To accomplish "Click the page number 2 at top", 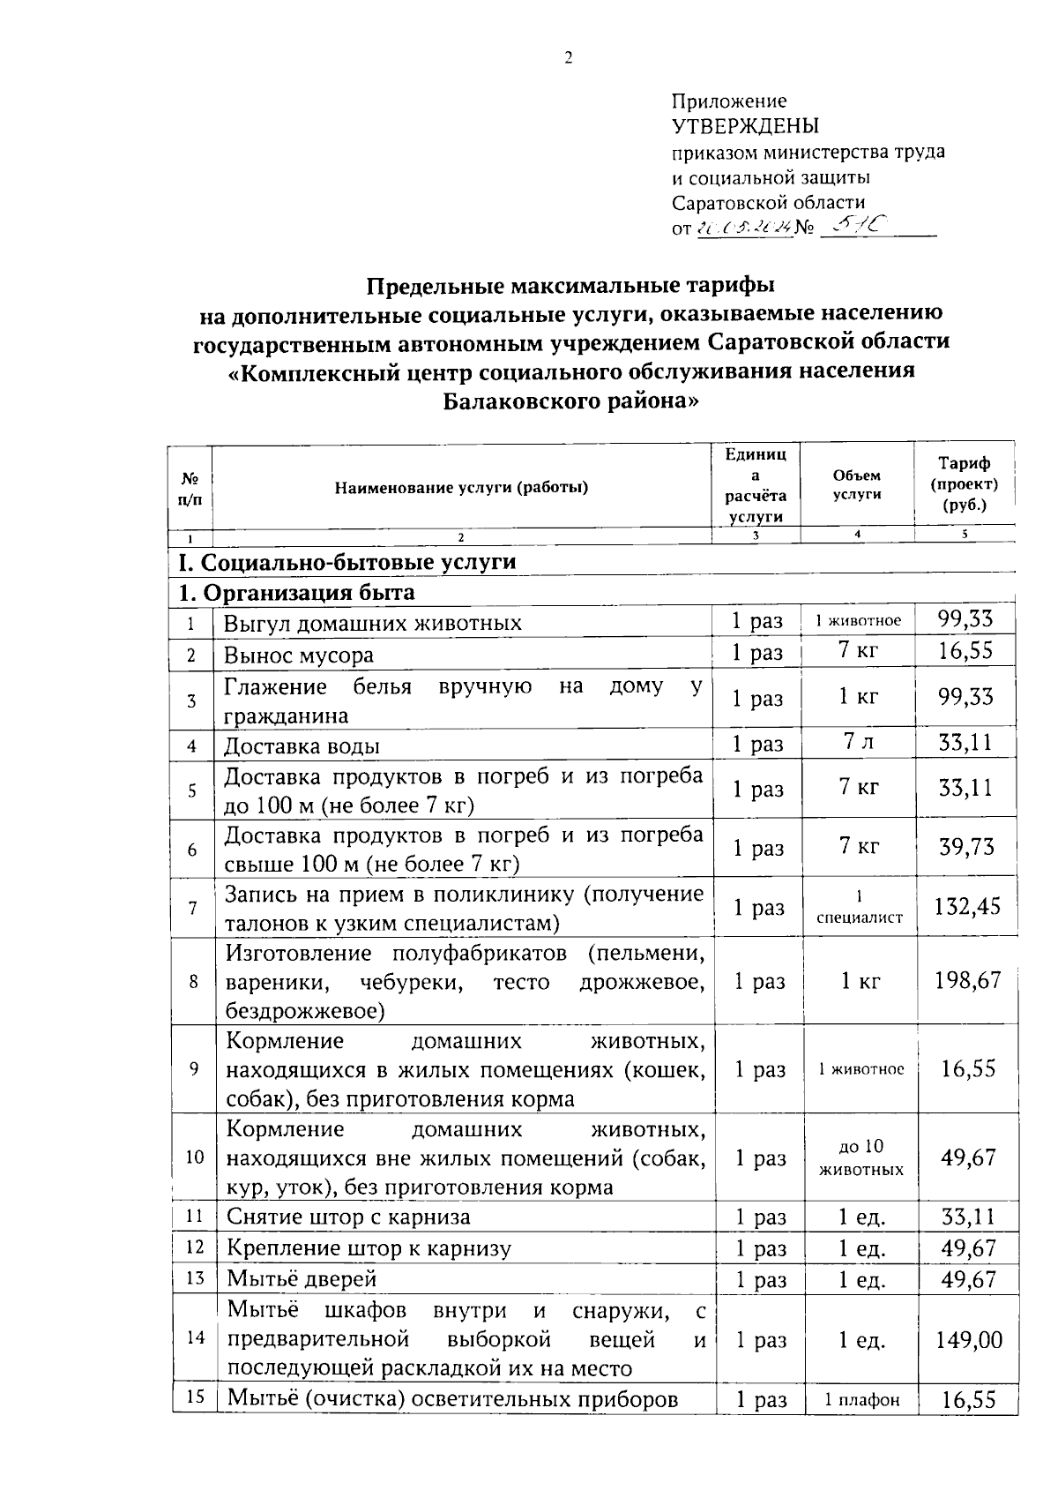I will coord(568,58).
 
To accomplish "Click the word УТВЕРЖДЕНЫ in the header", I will coord(745,125).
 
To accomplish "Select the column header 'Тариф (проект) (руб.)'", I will coord(965,484).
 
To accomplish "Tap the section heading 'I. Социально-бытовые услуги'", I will coord(346,562).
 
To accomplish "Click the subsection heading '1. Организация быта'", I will coord(296,592).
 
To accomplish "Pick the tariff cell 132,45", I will coord(967,907).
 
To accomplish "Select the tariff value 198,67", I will coord(967,980).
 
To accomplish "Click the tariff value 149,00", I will coord(968,1340).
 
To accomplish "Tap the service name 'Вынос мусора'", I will coord(298,655).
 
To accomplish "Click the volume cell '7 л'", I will coord(858,743).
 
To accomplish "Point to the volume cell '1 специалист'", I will coord(859,907).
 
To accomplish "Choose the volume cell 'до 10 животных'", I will coord(861,1157).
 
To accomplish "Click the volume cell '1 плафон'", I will coord(861,1400).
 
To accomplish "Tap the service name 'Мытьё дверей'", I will coord(302,1278).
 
